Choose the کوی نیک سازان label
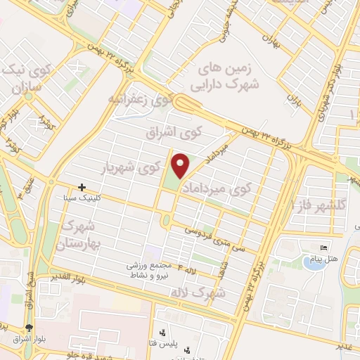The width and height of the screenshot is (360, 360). coord(27,78)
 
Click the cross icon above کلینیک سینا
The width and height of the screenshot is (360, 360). coord(83,187)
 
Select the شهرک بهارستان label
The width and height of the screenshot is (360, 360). coord(83,236)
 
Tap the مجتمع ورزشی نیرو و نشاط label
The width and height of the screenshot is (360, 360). coord(150,271)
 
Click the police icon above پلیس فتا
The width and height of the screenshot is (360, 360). coord(162,333)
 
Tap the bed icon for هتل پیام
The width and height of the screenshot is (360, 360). coord(323,248)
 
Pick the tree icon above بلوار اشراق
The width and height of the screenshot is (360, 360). coord(29,328)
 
